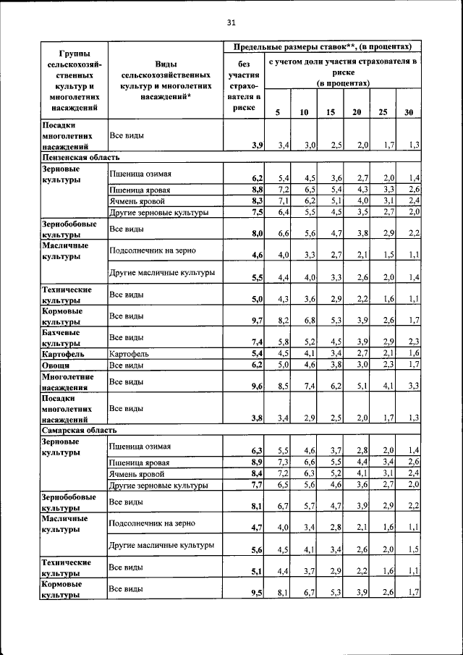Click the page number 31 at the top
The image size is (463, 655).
(x=231, y=22)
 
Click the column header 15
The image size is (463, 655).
(x=331, y=111)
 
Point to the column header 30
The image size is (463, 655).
(x=409, y=111)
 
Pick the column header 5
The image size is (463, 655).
(x=277, y=111)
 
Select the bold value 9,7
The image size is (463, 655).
(x=257, y=321)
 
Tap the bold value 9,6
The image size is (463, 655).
(x=257, y=387)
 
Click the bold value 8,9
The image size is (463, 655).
(x=257, y=462)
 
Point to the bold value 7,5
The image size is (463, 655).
(x=257, y=213)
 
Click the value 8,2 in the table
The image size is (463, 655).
(x=283, y=321)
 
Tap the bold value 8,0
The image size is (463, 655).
(x=257, y=234)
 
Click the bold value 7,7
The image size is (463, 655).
(x=257, y=485)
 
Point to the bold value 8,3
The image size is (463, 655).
(x=257, y=200)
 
